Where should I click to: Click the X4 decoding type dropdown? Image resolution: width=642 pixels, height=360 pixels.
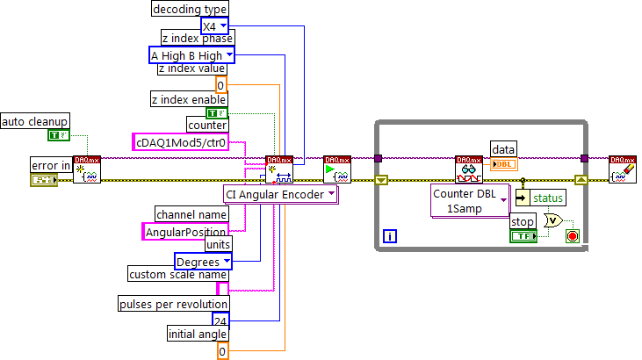pyautogui.click(x=214, y=25)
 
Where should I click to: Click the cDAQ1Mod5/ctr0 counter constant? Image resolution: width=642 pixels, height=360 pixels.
pyautogui.click(x=180, y=141)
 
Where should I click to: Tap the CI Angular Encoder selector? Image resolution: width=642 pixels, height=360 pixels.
pyautogui.click(x=280, y=194)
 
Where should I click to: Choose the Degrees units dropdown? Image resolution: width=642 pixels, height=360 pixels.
pyautogui.click(x=202, y=262)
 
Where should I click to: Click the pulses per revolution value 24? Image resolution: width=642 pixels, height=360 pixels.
pyautogui.click(x=221, y=321)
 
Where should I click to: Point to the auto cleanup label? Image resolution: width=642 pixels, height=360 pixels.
pyautogui.click(x=35, y=120)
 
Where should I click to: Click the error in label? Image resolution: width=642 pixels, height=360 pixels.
pyautogui.click(x=50, y=164)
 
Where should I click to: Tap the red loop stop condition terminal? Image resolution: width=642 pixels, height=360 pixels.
pyautogui.click(x=573, y=236)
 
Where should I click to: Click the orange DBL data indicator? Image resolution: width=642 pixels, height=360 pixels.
pyautogui.click(x=504, y=164)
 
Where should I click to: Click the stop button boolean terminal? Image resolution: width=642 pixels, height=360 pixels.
pyautogui.click(x=523, y=236)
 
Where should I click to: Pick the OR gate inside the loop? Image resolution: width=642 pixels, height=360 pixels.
pyautogui.click(x=553, y=221)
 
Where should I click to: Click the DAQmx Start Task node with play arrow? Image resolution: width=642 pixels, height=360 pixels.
pyautogui.click(x=337, y=169)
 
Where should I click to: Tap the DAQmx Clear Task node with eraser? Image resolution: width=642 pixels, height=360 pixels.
pyautogui.click(x=623, y=169)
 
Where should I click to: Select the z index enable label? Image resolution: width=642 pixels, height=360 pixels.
pyautogui.click(x=188, y=98)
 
